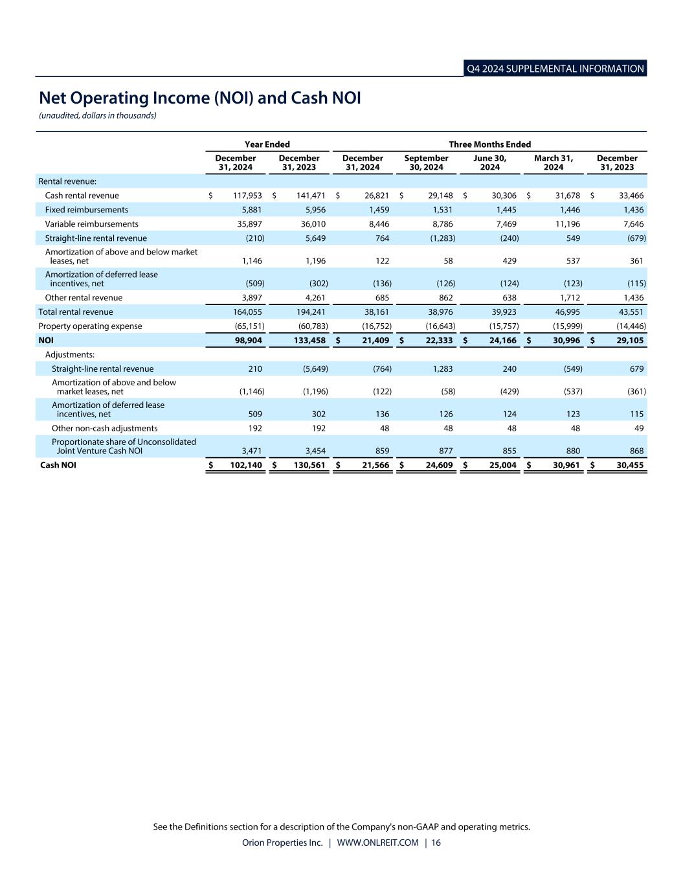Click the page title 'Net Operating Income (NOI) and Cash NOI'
199,98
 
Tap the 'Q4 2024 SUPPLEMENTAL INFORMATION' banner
555,69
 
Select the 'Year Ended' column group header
267,144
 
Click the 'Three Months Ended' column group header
489,144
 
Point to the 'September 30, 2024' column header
426,163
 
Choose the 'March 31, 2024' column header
553,163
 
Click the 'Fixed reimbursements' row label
86,210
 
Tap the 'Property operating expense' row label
90,326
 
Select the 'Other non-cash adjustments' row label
104,428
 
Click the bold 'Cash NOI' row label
58,465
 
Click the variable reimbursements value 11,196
566,224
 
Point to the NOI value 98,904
247,341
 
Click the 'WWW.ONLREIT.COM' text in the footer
377,843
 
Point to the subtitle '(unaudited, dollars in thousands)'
97,115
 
